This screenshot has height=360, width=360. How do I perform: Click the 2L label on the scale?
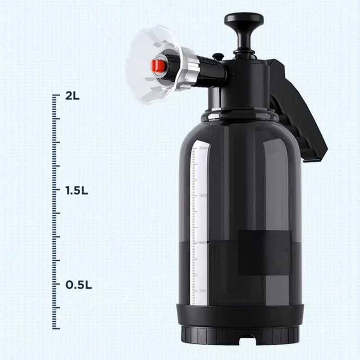pos(72,95)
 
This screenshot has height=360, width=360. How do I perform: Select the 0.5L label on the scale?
pos(79,285)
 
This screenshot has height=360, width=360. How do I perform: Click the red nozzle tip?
pos(157,66)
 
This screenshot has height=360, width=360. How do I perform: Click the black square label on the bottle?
pos(264,252)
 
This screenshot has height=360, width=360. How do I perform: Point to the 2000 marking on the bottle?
pos(202,148)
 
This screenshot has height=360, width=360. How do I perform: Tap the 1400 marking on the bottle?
pos(202,196)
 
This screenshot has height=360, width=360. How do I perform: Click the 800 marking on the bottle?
pos(202,243)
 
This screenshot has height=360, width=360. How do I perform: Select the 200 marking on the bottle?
pos(202,291)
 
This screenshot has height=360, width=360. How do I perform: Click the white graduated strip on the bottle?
pos(194,225)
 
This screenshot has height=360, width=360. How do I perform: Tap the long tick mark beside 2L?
pos(56,95)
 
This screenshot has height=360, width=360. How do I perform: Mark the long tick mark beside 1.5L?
pos(56,190)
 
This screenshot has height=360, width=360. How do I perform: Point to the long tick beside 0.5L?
pos(56,285)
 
